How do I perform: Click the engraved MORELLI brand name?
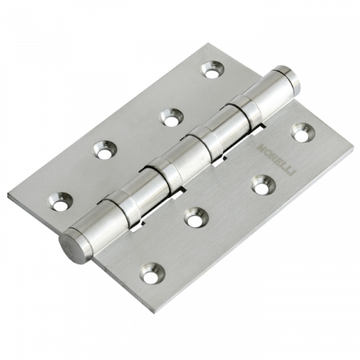[x=276, y=159]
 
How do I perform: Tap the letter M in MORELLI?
[x=261, y=146]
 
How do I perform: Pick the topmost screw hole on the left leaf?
[x=212, y=69]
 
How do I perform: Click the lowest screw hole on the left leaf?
[x=60, y=202]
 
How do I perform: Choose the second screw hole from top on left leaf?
[x=172, y=117]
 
